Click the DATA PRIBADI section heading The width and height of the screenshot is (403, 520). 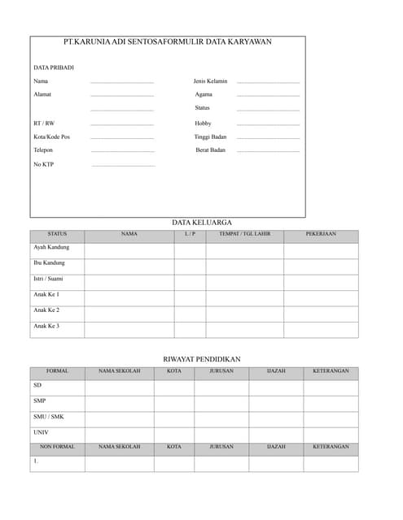coord(54,67)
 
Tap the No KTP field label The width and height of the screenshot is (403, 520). coord(44,165)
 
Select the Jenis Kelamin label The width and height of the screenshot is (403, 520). coord(210,81)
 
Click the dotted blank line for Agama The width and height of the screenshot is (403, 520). coord(268,96)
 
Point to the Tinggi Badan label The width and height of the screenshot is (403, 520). coord(210,136)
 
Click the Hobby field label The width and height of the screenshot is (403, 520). coord(203,123)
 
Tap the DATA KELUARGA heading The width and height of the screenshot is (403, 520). coord(202,222)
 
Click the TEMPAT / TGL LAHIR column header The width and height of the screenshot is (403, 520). coord(244,234)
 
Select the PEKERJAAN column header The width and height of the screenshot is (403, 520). coord(321,234)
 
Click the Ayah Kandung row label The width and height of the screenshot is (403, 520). coord(51,247)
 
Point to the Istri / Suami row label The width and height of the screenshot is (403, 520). coord(48,279)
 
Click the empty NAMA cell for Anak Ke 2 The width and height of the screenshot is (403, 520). coord(129,314)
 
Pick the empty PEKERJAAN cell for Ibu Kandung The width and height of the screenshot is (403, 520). coord(321,266)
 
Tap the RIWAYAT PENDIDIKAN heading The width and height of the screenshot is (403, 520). coord(202,359)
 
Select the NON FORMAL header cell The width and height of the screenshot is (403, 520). coord(57,447)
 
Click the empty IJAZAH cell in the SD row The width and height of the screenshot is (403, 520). coord(276,388)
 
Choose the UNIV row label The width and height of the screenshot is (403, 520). coord(41,432)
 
